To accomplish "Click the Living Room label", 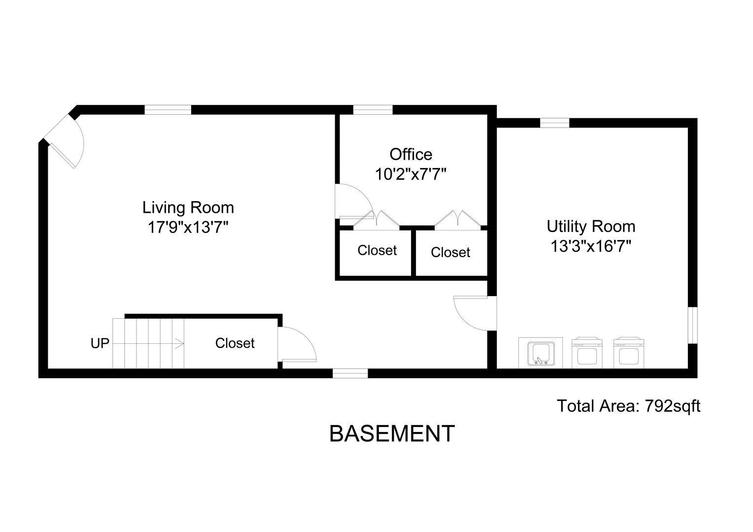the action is (x=188, y=208).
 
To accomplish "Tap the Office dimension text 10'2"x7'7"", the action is (x=411, y=174).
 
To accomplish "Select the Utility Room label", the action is (x=591, y=227).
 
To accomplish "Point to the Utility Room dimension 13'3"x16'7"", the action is (x=591, y=246).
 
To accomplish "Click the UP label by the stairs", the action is (x=100, y=343).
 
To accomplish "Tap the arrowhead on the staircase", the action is (x=180, y=344).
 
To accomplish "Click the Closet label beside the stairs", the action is (x=235, y=343).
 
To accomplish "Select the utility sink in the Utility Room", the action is (x=540, y=353).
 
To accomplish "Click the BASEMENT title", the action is (x=392, y=433).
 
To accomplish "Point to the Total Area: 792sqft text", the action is (x=628, y=405).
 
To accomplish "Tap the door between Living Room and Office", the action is (x=354, y=201).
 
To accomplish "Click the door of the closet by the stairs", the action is (x=297, y=344).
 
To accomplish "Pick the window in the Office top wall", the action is (x=373, y=110).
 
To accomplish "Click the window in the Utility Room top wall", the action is (x=555, y=123).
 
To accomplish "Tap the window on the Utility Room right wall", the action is (x=692, y=325).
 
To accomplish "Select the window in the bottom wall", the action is (x=350, y=373).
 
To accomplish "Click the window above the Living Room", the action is (x=168, y=110).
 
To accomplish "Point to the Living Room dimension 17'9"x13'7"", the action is (x=188, y=228).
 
